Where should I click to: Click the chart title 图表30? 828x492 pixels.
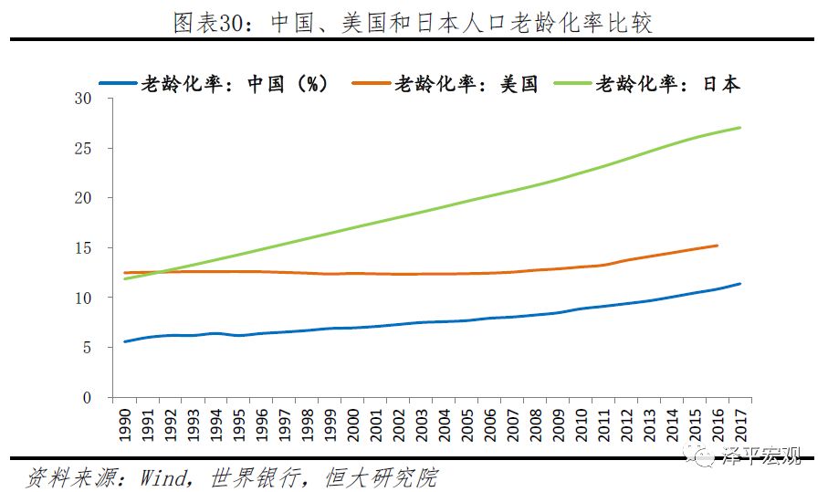414,23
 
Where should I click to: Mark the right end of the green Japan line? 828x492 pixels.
739,127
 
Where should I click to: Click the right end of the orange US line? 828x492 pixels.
717,246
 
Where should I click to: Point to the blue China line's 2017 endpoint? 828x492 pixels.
739,284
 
